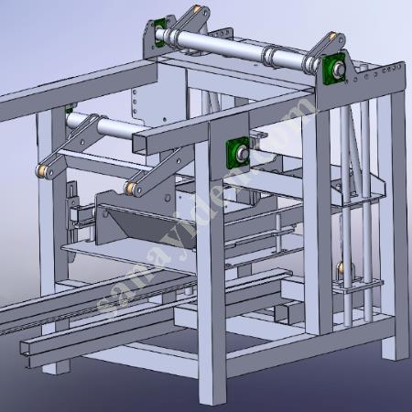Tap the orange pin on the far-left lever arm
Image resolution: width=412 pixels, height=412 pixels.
pyautogui.click(x=43, y=171)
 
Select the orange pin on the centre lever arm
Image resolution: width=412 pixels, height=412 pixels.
pyautogui.click(x=134, y=188)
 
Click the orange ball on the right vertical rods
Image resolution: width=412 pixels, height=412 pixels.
pyautogui.click(x=341, y=267)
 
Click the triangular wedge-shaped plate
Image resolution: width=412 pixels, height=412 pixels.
pyautogui.click(x=137, y=224)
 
